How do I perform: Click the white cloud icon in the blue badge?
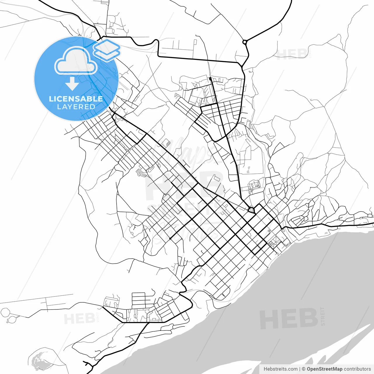coord(76,60)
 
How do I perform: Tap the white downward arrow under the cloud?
coord(72,84)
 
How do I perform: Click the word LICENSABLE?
coord(76,99)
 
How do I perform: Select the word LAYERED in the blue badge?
coord(76,107)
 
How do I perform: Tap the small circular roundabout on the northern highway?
coord(245,42)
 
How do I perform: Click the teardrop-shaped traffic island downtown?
coord(251,209)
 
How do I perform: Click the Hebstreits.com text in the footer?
coord(280,369)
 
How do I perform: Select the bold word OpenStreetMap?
coord(324,369)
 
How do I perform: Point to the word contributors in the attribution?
coord(357,369)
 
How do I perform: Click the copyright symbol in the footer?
coord(304,369)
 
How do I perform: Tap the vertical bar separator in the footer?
coord(300,369)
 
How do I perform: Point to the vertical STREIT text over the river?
coord(323,316)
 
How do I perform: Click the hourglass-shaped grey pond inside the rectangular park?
coord(248,169)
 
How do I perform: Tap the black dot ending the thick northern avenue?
coord(210,79)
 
